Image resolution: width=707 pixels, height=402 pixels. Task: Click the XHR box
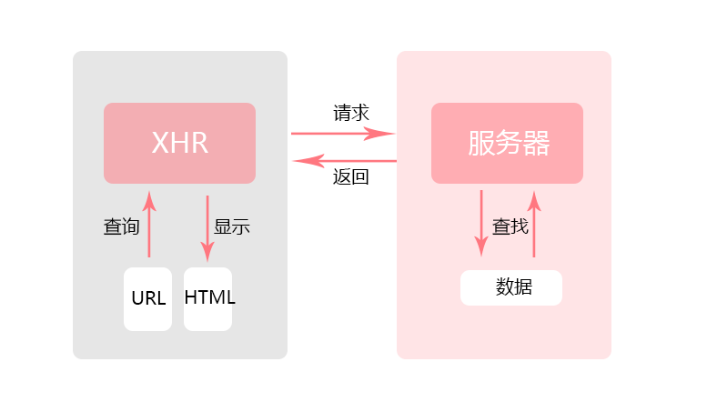(179, 143)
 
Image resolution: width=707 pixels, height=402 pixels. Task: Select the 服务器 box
(507, 143)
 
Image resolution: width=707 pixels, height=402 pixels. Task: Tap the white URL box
(147, 298)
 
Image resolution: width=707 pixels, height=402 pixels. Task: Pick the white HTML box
(208, 298)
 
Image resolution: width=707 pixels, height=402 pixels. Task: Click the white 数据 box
(511, 287)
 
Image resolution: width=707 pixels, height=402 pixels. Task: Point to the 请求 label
(351, 114)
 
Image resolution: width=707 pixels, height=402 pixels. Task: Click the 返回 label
(351, 177)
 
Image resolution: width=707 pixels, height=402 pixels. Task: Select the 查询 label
(121, 227)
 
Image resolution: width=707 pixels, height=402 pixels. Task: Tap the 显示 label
(231, 227)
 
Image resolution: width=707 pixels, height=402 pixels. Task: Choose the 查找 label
(510, 226)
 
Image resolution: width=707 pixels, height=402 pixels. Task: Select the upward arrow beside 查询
(148, 225)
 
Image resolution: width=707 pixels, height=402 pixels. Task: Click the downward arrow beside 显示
(207, 227)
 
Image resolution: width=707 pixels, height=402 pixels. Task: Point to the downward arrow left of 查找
(480, 223)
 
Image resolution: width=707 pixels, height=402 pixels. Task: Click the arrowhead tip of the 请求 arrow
(391, 134)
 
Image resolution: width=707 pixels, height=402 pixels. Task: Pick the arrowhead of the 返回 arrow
(297, 161)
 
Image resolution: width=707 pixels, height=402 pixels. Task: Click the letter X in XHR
(160, 143)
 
